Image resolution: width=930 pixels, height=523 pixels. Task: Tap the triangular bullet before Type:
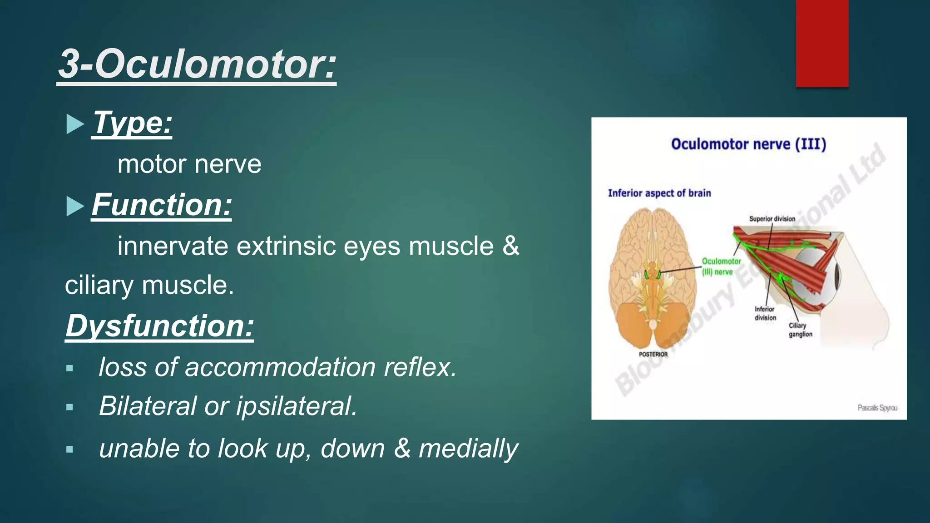pyautogui.click(x=74, y=124)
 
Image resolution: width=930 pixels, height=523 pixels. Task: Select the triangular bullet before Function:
pyautogui.click(x=74, y=206)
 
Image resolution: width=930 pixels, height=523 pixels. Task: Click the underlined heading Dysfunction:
pyautogui.click(x=159, y=326)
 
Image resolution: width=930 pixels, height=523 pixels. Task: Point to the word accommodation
pyautogui.click(x=280, y=367)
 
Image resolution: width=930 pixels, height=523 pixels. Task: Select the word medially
pyautogui.click(x=468, y=449)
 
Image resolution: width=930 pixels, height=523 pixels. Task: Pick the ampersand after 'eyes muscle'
pyautogui.click(x=510, y=247)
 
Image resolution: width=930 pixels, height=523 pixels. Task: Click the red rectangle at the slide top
pyautogui.click(x=822, y=43)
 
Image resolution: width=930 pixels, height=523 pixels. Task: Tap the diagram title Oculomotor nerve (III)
pyautogui.click(x=748, y=144)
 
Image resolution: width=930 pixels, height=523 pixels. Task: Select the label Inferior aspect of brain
pyautogui.click(x=659, y=193)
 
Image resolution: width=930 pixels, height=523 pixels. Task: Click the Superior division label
pyautogui.click(x=772, y=219)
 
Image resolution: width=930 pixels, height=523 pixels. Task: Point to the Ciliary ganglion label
pyautogui.click(x=800, y=330)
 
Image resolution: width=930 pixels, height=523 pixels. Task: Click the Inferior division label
pyautogui.click(x=765, y=313)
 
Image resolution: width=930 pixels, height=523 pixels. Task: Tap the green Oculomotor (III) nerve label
pyautogui.click(x=721, y=266)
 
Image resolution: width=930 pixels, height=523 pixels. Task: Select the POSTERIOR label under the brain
pyautogui.click(x=653, y=354)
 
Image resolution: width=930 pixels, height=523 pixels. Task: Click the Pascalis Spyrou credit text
pyautogui.click(x=877, y=408)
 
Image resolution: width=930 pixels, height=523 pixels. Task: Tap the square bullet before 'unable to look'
pyautogui.click(x=69, y=449)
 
